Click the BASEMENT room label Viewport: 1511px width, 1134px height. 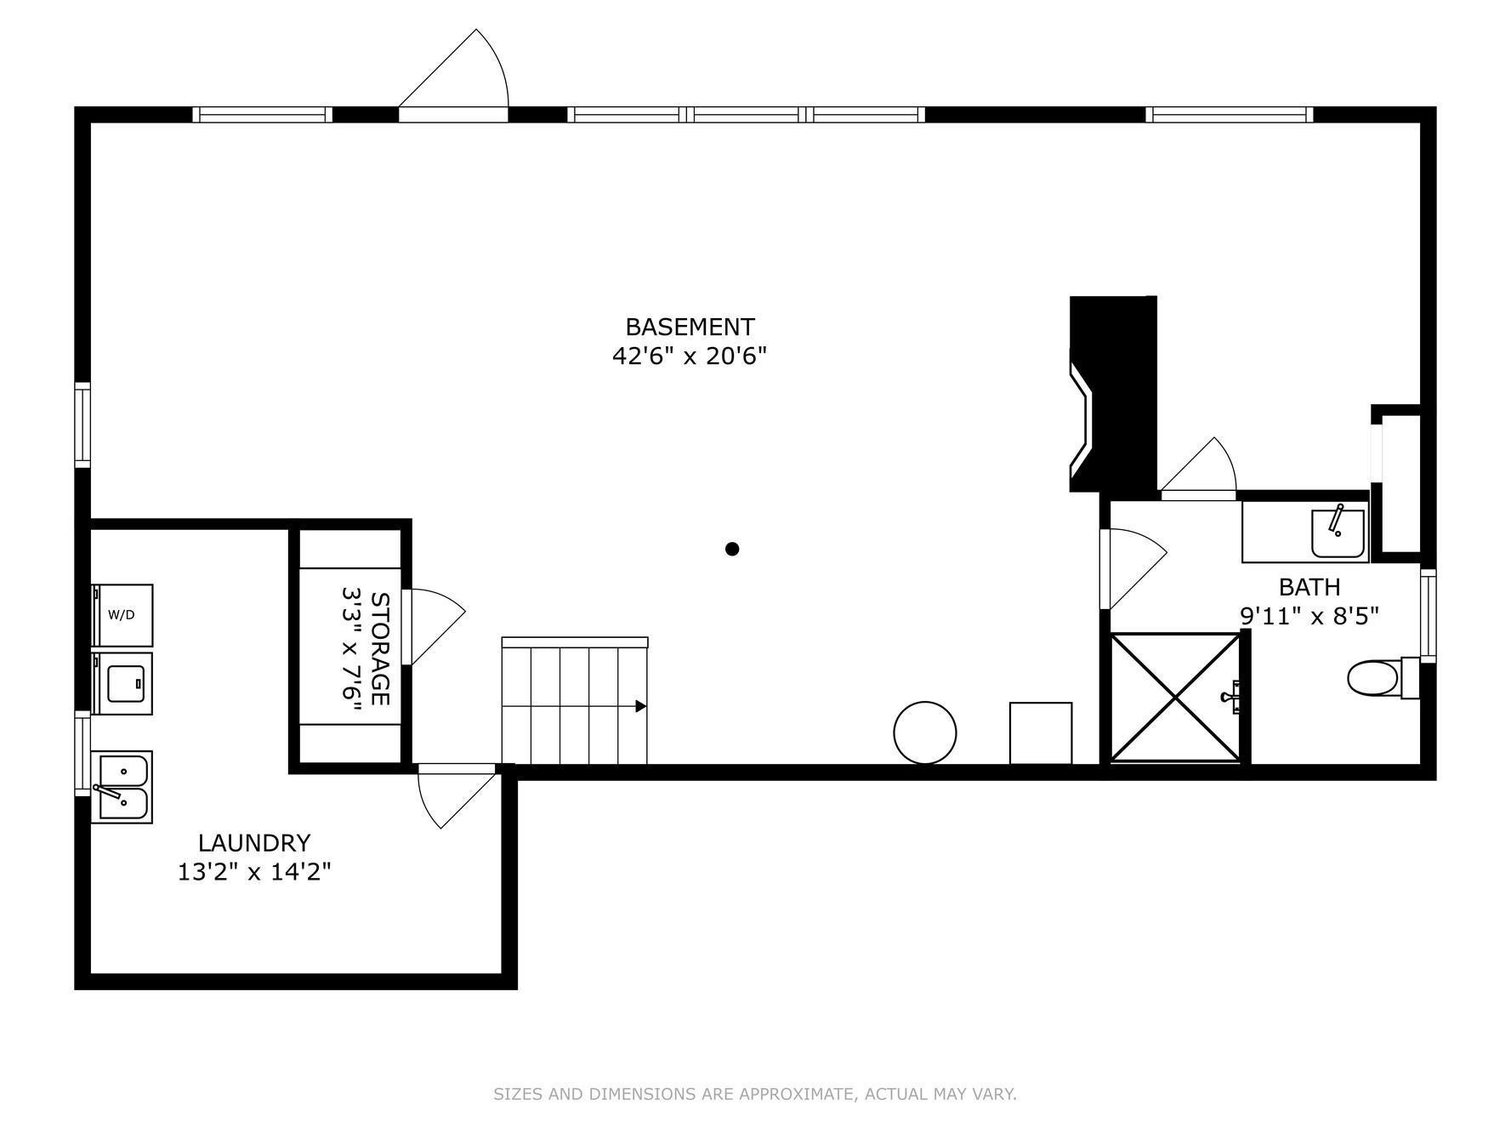tap(690, 328)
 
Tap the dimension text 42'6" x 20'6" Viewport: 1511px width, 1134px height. tap(690, 356)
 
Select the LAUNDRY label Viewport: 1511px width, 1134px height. tap(254, 843)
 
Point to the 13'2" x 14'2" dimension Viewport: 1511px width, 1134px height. tap(254, 872)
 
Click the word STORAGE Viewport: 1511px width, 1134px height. tap(380, 649)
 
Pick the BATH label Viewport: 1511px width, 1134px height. tap(1309, 587)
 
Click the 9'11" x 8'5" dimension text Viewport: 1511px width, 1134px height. tap(1309, 616)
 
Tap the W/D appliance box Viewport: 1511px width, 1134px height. tap(122, 615)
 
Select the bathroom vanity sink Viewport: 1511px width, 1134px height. tap(1338, 533)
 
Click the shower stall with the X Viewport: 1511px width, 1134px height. tap(1175, 698)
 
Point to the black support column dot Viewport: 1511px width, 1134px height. tap(732, 549)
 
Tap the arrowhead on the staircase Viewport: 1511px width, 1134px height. tap(641, 706)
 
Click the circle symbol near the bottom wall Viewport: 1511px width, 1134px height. tap(925, 732)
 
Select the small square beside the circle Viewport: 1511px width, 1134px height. tap(1041, 733)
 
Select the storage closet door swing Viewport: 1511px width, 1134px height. tap(435, 626)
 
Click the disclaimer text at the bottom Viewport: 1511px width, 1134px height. tap(755, 1094)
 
